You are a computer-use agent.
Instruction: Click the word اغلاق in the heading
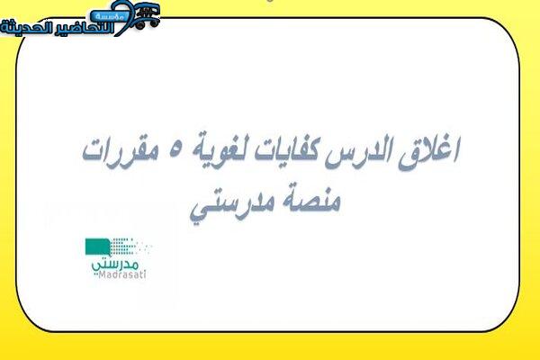(429, 152)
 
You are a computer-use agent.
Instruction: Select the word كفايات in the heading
(289, 150)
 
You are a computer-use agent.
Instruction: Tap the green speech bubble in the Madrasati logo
(98, 247)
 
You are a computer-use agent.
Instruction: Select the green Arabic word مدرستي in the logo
(115, 265)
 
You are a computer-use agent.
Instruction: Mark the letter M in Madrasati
(102, 274)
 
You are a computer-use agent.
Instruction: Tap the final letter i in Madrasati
(145, 274)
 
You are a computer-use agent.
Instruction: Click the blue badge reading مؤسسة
(109, 16)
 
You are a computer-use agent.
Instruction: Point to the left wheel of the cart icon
(139, 25)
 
